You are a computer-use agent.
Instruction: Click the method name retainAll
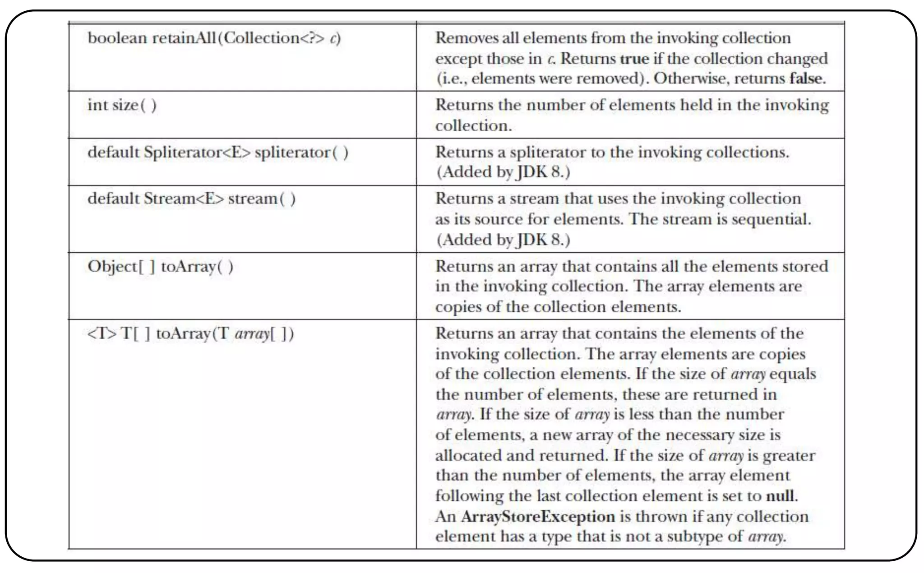click(184, 38)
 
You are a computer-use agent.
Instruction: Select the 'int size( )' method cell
click(122, 105)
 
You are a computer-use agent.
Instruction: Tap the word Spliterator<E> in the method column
click(197, 152)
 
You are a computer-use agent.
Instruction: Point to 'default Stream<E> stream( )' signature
click(191, 199)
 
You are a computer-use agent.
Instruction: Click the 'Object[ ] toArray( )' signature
click(160, 267)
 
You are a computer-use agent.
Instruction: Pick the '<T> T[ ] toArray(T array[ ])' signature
click(190, 334)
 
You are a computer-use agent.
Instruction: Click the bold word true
click(634, 59)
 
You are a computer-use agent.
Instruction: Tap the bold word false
click(807, 79)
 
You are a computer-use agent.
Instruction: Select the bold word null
click(781, 496)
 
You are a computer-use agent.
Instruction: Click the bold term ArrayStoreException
click(538, 517)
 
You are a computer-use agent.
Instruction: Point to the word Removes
click(466, 38)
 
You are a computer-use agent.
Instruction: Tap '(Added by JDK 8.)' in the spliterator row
click(503, 172)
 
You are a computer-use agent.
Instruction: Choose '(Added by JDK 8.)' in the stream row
click(503, 240)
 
